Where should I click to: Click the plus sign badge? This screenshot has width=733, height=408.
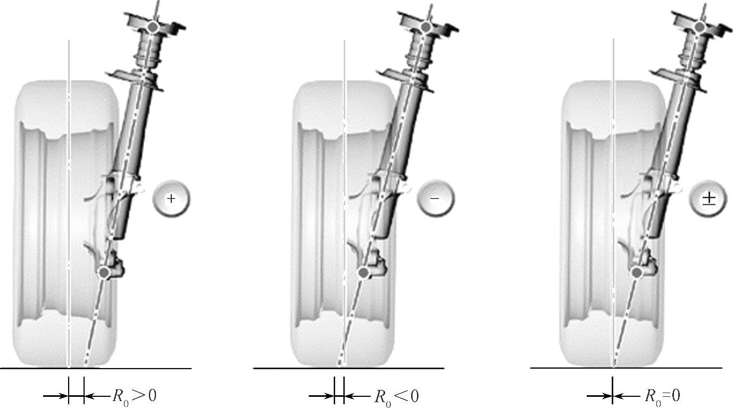click(171, 198)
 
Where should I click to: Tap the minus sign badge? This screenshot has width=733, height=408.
click(436, 198)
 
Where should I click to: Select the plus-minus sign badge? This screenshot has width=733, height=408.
click(709, 198)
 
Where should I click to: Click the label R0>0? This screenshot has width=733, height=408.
click(135, 396)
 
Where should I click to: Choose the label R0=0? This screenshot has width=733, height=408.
click(662, 396)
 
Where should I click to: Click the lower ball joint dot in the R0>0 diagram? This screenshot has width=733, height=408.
click(105, 272)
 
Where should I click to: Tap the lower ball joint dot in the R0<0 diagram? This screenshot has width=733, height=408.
click(363, 272)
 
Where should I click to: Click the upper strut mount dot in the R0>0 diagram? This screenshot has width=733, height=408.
click(153, 27)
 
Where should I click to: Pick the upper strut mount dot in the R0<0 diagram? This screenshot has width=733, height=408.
click(426, 27)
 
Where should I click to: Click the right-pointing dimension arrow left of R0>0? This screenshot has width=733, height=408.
click(55, 396)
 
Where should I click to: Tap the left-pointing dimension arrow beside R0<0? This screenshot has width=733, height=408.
click(357, 396)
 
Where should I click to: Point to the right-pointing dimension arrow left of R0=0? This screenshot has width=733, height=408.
click(599, 396)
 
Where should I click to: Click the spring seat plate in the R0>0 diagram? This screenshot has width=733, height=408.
click(134, 79)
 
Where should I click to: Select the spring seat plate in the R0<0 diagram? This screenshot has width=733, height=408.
click(405, 79)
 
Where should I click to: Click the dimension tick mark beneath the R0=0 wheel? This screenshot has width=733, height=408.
click(612, 390)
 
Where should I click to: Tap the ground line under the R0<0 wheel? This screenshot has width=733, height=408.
click(349, 369)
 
